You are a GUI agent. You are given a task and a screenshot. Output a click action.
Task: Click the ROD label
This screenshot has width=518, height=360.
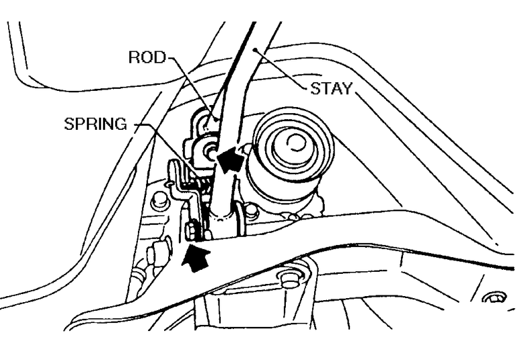(147, 58)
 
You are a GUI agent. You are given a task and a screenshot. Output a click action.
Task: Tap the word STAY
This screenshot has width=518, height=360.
(332, 89)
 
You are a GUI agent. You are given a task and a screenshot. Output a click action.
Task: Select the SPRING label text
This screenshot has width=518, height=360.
(96, 124)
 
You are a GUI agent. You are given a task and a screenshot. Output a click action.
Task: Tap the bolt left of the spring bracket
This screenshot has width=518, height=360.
(159, 201)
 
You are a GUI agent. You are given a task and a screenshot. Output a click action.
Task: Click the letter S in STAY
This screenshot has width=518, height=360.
(316, 89)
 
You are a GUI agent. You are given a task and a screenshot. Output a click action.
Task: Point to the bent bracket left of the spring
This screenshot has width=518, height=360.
(176, 185)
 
